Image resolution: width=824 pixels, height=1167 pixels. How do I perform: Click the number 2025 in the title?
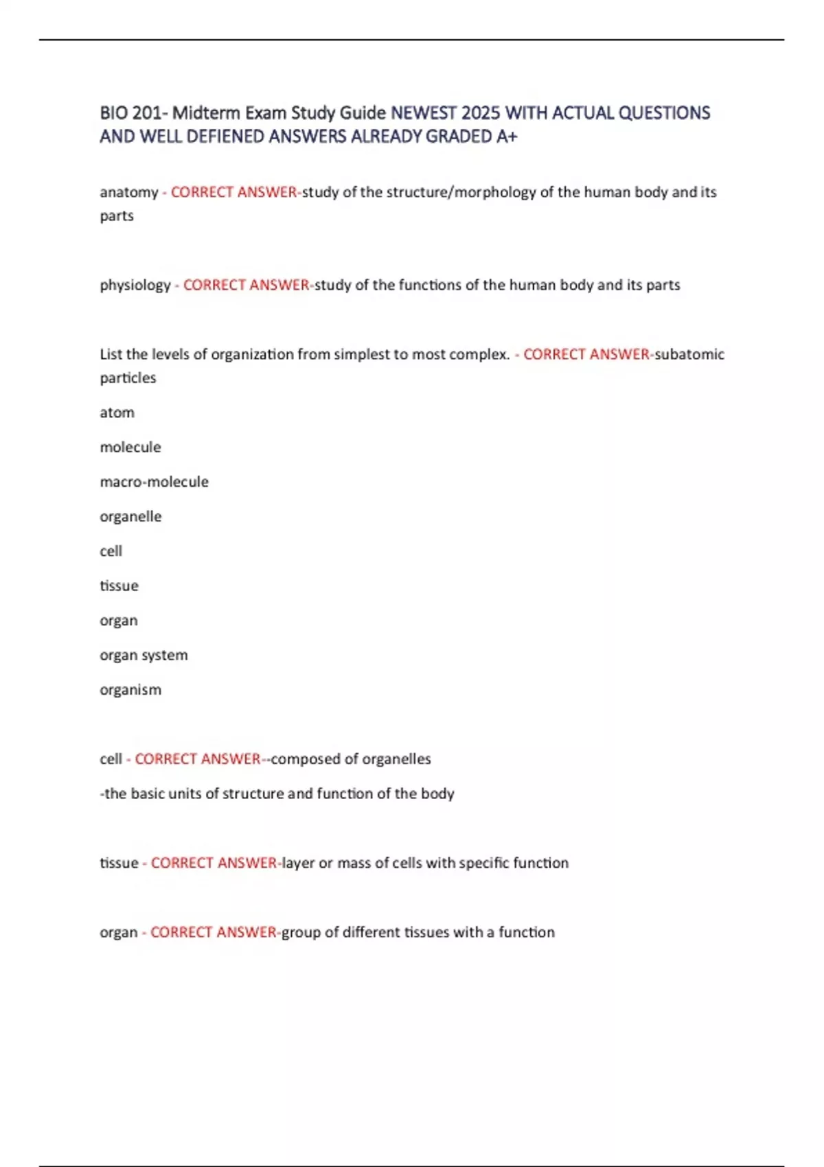pos(481,113)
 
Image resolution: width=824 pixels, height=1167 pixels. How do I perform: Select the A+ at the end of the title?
pos(507,137)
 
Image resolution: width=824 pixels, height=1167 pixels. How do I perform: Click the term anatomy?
pos(129,192)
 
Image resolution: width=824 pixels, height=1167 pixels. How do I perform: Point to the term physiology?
pos(135,285)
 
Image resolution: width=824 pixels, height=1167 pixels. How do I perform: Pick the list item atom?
pos(117,413)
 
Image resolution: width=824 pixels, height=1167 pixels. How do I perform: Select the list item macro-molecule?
pos(154,482)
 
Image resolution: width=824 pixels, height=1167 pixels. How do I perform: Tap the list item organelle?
pos(130,516)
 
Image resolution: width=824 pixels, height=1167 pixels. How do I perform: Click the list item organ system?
pos(144,655)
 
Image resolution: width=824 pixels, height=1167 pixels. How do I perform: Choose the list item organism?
pos(130,690)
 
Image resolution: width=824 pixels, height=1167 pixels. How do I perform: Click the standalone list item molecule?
pos(130,447)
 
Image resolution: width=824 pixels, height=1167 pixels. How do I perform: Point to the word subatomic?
pos(689,354)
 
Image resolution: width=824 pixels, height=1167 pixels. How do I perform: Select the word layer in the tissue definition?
pos(298,863)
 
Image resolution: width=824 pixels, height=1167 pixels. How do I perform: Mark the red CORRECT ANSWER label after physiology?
pos(246,285)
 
